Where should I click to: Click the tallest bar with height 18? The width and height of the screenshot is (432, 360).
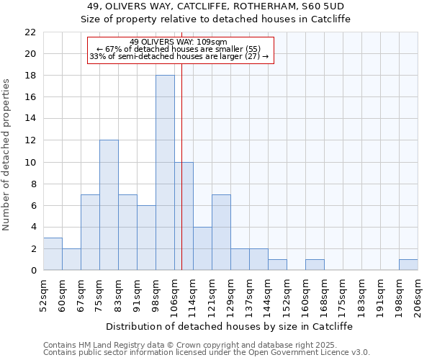pos(165,173)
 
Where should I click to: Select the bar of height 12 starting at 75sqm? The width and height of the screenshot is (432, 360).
pos(109,205)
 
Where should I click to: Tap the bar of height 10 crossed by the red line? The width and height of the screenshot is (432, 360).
pos(184,216)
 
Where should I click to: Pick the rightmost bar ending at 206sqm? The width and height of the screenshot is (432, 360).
pos(408,265)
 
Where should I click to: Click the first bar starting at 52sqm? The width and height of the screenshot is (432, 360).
pos(53,254)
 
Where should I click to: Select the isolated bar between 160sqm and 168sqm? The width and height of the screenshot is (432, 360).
pos(315,265)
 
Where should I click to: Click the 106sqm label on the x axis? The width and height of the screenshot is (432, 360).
pos(175,294)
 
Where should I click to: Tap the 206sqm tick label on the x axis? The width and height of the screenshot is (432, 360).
pos(418,294)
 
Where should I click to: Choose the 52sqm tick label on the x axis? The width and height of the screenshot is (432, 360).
pos(44,294)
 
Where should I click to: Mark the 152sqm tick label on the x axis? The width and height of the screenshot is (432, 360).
pos(287,294)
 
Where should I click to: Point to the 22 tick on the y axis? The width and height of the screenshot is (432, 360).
pos(30,32)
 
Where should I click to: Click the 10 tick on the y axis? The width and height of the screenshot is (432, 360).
pos(30,162)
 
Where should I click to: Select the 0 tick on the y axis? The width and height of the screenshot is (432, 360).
pos(33,271)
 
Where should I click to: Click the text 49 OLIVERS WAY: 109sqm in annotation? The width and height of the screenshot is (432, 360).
pos(179,42)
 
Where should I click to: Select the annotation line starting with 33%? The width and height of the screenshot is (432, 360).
pos(179,56)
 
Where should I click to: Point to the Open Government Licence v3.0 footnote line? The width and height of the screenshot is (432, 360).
pos(207,353)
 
